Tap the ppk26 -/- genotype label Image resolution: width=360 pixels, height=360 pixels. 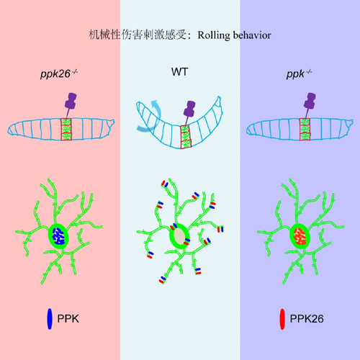click(x=59, y=73)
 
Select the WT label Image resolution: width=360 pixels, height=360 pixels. click(x=179, y=72)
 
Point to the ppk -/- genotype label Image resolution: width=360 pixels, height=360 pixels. click(x=299, y=74)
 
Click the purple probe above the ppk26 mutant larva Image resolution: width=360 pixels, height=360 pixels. click(x=71, y=105)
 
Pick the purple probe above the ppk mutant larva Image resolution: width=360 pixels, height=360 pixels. click(x=310, y=105)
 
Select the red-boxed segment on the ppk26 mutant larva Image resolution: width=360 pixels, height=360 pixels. click(x=66, y=129)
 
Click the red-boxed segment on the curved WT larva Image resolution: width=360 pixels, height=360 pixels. click(x=186, y=137)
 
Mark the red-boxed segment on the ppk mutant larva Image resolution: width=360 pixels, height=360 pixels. click(x=305, y=130)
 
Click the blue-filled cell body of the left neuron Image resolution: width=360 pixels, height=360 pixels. click(x=58, y=236)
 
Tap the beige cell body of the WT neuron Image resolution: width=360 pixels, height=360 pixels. click(x=179, y=236)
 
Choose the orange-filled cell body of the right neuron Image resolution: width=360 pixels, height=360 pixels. click(x=300, y=236)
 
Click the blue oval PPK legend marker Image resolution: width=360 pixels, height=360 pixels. click(x=50, y=319)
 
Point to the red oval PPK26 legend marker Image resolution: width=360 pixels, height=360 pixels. click(x=282, y=319)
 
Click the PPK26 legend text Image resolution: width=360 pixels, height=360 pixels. click(x=307, y=319)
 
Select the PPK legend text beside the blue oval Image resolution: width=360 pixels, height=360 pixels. click(x=68, y=319)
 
